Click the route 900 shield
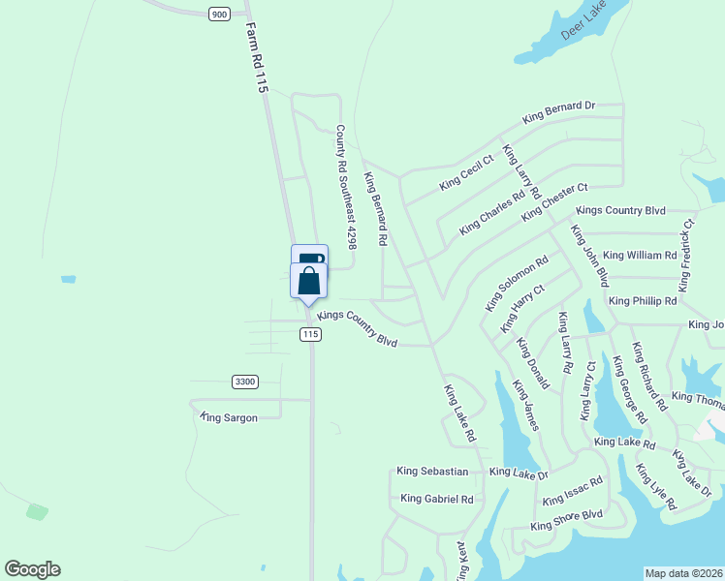click(218, 14)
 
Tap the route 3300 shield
click(245, 382)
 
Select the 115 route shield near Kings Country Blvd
click(309, 334)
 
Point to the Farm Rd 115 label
click(256, 59)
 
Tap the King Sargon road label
click(230, 417)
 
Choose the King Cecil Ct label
click(466, 171)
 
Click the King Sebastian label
click(432, 472)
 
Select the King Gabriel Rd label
click(436, 499)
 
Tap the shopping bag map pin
click(309, 282)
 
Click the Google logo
click(32, 569)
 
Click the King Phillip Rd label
click(643, 301)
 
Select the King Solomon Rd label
click(517, 284)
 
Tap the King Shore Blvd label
click(567, 520)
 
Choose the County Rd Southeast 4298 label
click(346, 187)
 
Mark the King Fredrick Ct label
click(687, 255)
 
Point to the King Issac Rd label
click(573, 492)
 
